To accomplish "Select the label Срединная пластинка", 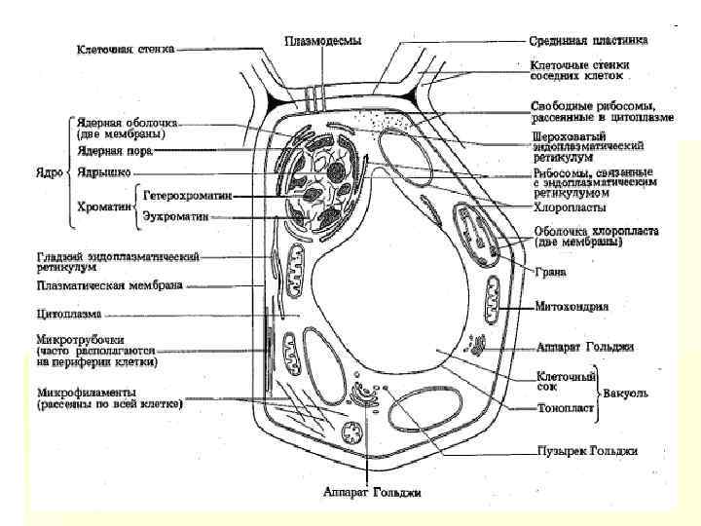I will click(589, 41).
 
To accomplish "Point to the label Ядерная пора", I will click(115, 151).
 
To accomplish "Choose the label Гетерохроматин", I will click(188, 195).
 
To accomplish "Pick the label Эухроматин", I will click(177, 215).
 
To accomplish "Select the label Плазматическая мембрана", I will click(109, 286).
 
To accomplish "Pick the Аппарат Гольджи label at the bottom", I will click(372, 492).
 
